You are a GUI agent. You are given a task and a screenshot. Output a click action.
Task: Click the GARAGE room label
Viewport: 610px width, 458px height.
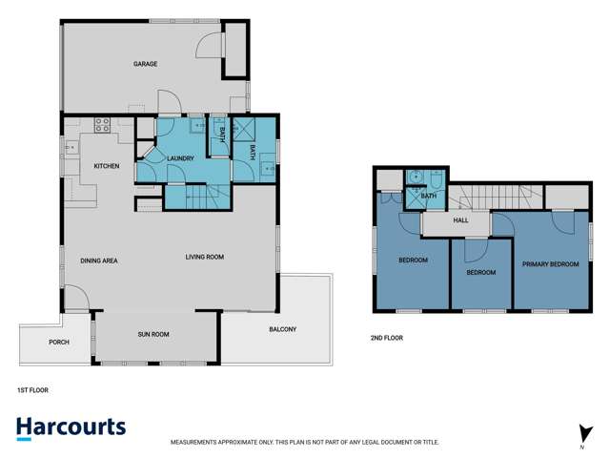point(145,64)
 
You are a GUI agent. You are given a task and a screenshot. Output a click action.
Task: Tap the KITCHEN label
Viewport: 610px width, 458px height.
point(106,166)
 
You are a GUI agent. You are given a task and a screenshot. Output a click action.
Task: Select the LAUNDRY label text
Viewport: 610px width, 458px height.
point(180,158)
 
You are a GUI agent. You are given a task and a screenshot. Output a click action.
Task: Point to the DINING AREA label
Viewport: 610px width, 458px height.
point(98,260)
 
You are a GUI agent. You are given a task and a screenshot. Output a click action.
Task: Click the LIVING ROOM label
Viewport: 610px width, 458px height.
point(204,257)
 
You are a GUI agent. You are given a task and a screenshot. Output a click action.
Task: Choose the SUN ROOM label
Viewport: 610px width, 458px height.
point(152,335)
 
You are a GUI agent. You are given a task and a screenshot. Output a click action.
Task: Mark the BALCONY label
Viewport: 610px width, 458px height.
point(282,330)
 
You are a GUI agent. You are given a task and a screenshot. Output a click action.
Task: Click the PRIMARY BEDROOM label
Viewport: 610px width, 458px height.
point(550,263)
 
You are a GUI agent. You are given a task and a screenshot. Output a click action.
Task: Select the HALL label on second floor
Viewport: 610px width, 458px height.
point(460,220)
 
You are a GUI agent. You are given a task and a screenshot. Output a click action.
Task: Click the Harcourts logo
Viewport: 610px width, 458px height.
point(71,427)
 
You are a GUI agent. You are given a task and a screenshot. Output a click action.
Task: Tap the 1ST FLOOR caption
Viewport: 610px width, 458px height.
point(32,389)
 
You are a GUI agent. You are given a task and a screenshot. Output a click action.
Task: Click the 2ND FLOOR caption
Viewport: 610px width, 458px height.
point(387,338)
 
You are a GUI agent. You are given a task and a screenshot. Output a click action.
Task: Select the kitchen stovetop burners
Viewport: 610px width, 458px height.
point(102,123)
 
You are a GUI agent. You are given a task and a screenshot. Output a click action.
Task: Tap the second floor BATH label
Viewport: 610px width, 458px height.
point(429,197)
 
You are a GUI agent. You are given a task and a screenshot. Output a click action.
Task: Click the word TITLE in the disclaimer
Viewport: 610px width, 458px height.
point(430,443)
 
